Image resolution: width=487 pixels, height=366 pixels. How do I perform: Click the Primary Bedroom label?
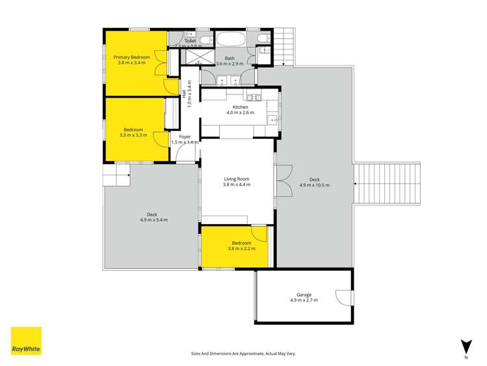pos(132,57)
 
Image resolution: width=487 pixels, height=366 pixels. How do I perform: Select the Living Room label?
pos(237,179)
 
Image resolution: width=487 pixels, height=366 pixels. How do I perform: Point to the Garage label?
pos(304,295)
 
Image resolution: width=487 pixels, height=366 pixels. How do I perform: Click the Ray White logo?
pos(26,341)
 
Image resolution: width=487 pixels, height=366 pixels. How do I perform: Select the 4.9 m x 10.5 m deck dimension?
pos(314,185)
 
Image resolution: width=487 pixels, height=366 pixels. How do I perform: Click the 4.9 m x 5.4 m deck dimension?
pos(153,220)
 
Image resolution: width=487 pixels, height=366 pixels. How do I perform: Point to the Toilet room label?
pos(190,41)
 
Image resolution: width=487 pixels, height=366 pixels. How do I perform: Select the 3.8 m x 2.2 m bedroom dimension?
pos(241,248)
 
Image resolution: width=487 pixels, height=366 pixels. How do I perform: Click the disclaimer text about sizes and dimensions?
pos(243,353)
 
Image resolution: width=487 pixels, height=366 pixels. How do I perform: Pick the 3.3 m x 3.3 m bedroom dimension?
pos(133,135)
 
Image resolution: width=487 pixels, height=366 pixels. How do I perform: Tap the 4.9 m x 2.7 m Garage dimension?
pos(304,302)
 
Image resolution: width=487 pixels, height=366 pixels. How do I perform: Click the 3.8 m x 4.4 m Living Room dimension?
pos(237,185)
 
